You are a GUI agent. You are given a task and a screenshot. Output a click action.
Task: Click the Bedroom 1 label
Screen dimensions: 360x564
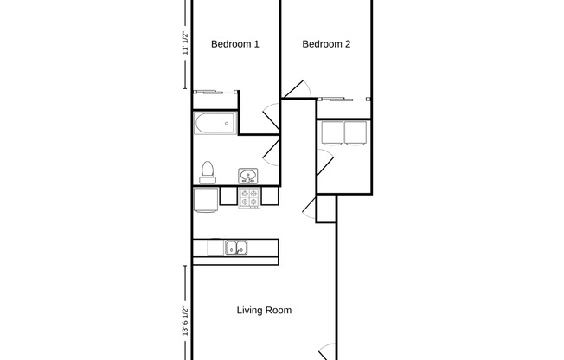235,44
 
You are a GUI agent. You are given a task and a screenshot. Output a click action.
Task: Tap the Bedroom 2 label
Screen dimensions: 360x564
326,44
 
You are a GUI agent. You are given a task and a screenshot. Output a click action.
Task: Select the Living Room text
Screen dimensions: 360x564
264,310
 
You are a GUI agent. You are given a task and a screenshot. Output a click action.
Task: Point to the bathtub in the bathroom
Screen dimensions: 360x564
215,124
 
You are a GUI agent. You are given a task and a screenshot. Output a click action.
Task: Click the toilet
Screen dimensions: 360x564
207,172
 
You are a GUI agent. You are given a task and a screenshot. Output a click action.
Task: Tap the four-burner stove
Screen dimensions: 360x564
249,198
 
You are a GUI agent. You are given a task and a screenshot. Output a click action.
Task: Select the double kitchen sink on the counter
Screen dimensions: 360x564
235,248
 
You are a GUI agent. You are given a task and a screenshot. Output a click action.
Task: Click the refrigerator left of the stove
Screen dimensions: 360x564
205,200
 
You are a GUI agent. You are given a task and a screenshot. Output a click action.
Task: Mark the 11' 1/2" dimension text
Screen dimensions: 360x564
184,43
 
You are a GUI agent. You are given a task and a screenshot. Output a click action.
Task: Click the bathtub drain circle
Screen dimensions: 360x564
227,124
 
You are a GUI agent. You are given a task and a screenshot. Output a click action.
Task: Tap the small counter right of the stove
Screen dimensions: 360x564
269,198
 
